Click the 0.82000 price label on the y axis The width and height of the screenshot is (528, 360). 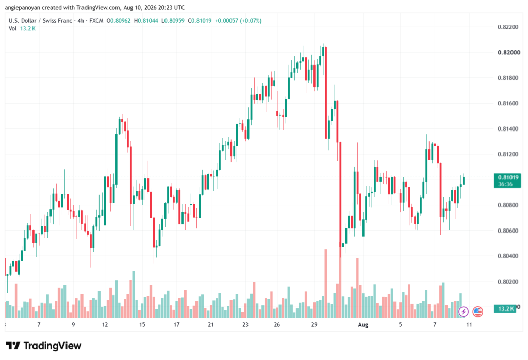click(x=508, y=52)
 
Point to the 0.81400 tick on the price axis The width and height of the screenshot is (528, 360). click(x=508, y=128)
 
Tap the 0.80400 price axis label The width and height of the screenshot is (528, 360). click(x=508, y=256)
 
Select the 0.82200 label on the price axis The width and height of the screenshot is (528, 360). click(x=508, y=27)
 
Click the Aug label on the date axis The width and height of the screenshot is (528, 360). click(x=363, y=325)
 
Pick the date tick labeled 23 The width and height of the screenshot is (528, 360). click(x=245, y=325)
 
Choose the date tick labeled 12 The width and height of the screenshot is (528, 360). click(x=105, y=325)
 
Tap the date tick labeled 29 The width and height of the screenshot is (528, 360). click(x=314, y=325)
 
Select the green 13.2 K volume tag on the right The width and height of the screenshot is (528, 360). click(x=505, y=309)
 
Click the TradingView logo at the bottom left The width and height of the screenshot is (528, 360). click(x=44, y=346)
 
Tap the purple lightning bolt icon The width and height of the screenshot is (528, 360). click(x=464, y=312)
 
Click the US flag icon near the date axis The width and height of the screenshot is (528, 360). click(x=477, y=312)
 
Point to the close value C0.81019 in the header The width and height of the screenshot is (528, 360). click(x=200, y=21)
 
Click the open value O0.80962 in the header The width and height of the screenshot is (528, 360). click(x=119, y=21)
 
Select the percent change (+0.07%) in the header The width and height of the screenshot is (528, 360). click(x=250, y=21)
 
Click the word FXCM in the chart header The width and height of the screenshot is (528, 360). click(x=96, y=21)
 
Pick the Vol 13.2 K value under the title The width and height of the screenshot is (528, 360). click(x=28, y=29)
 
